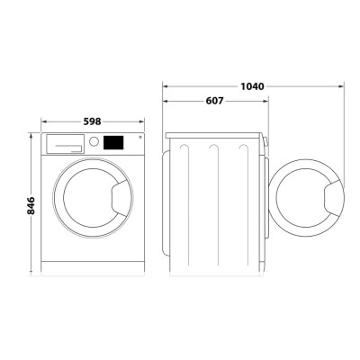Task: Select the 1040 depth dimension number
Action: tap(253, 86)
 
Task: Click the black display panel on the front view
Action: tap(115, 141)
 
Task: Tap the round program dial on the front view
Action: tap(94, 142)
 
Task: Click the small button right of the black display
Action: tap(138, 139)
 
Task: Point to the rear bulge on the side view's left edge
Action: tap(165, 202)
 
